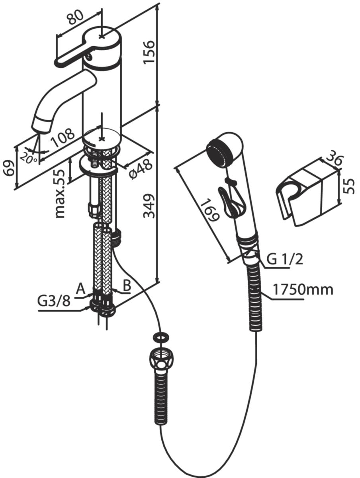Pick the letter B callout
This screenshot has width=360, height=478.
click(127, 285)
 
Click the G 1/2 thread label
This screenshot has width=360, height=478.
click(284, 259)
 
